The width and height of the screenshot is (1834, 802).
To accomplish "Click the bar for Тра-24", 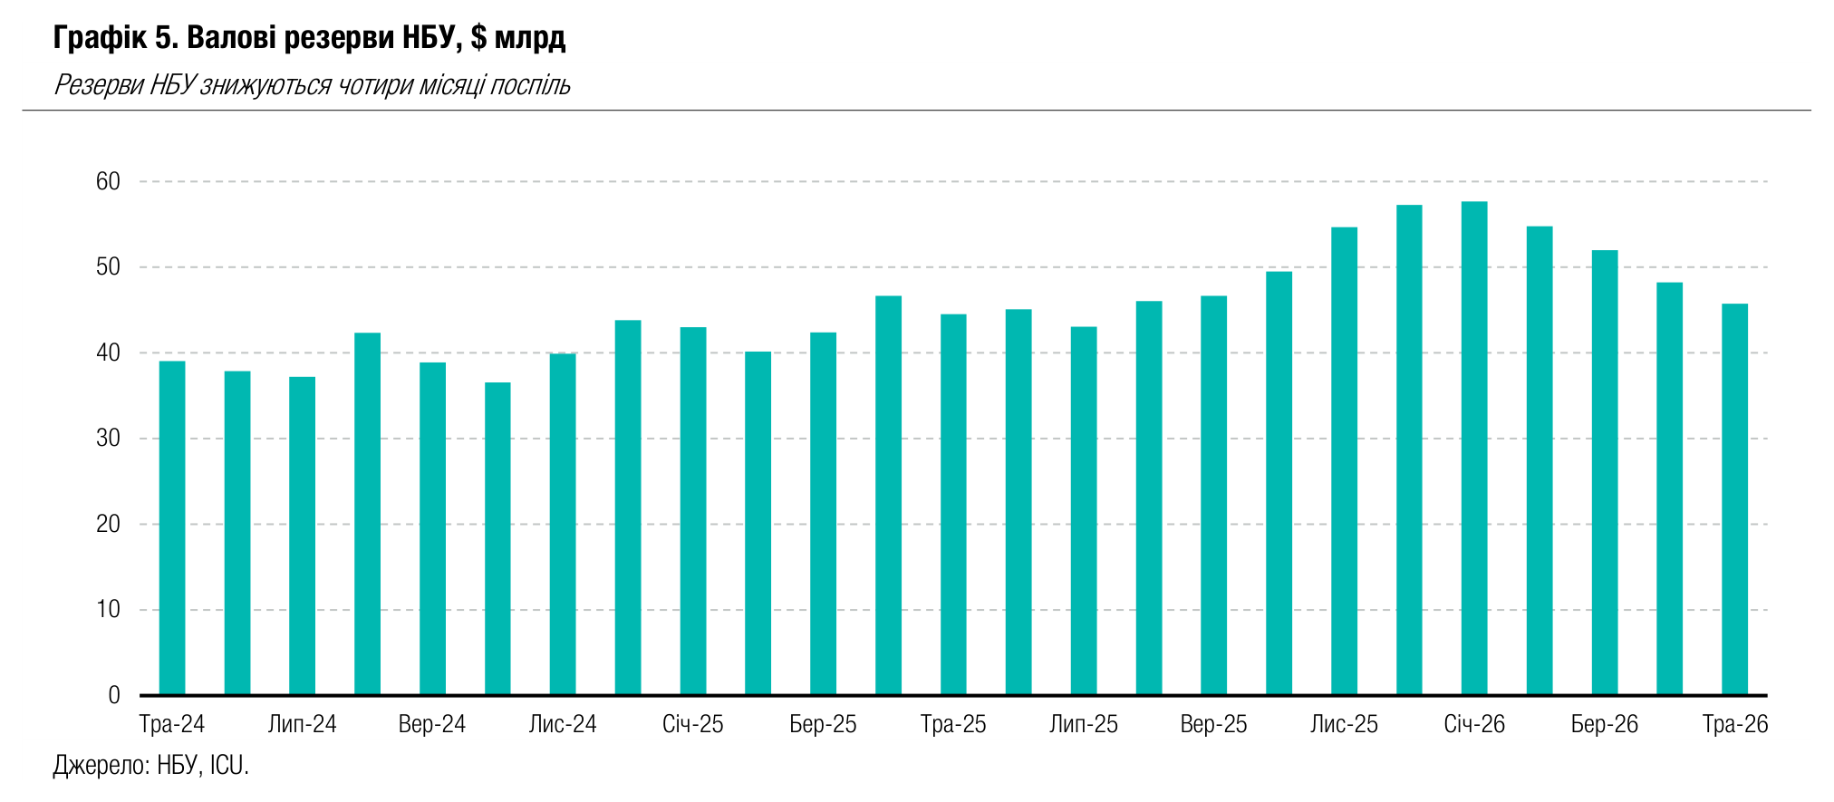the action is click(172, 528).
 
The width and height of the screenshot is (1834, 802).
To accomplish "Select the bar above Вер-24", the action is click(432, 529).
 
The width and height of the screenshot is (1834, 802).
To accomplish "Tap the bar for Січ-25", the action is click(693, 511).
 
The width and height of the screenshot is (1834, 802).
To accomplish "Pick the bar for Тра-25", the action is click(953, 505).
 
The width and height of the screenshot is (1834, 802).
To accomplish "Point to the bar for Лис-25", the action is click(1345, 461).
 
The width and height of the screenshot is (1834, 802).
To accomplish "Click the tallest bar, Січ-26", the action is click(1474, 449).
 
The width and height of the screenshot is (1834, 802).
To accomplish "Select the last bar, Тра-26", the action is click(1735, 499).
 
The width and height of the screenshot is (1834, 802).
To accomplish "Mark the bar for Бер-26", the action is click(1605, 473).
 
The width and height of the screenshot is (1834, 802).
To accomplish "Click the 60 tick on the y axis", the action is click(108, 181).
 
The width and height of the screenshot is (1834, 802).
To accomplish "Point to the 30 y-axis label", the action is click(108, 439).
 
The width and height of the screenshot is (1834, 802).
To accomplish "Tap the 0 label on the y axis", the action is click(114, 695).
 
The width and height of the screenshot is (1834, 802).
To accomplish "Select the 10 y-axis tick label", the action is click(108, 609).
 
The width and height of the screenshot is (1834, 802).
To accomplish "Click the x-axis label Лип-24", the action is click(303, 724).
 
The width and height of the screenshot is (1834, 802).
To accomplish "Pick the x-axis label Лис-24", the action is click(563, 724).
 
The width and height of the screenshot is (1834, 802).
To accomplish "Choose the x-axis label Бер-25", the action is click(823, 724).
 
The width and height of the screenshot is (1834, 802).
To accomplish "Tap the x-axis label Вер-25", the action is click(1213, 724).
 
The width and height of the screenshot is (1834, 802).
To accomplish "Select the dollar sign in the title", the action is click(478, 37).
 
